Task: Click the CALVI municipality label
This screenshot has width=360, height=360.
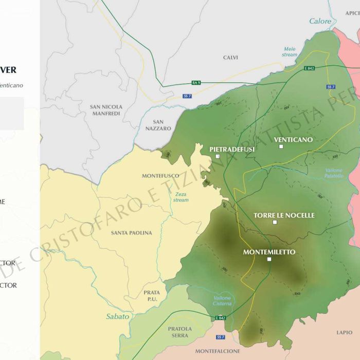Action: [230, 58]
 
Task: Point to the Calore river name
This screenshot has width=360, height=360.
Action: [320, 21]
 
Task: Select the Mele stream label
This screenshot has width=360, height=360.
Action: [290, 52]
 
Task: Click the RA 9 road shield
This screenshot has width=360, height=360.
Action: [195, 83]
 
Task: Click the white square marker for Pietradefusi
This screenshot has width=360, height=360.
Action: [218, 156]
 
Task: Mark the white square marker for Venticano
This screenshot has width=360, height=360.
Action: [281, 147]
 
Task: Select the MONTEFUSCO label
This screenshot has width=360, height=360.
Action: [160, 176]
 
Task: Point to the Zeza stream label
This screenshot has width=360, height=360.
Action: [181, 197]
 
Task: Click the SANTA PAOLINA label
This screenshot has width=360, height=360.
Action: [132, 233]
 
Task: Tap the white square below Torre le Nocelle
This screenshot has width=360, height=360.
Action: [275, 222]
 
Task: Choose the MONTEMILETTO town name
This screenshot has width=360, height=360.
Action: [269, 252]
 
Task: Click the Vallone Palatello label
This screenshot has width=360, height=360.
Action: [334, 173]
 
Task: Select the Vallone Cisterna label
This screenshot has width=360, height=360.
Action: [222, 301]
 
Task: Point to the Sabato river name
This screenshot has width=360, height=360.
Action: [118, 316]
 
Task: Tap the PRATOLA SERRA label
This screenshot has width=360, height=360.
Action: [179, 332]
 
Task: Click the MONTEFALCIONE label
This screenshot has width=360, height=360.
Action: [218, 351]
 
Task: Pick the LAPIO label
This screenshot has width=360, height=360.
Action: [344, 333]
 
